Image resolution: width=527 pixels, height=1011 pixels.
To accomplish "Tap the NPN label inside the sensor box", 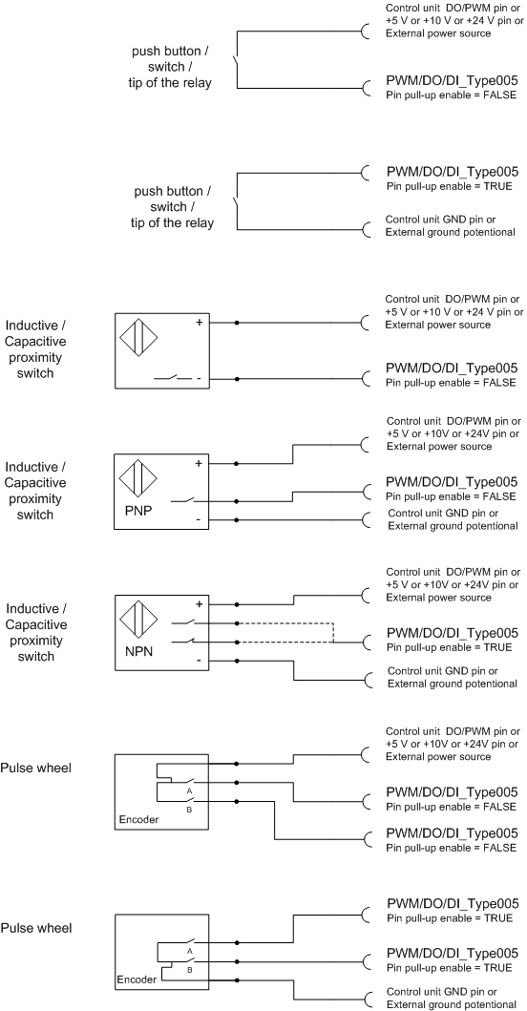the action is [138, 652].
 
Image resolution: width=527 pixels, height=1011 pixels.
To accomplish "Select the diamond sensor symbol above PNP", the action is [138, 480].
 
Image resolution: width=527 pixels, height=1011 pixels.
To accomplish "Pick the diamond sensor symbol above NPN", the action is [138, 621].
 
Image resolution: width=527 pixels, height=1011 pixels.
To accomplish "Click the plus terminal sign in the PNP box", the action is [199, 463].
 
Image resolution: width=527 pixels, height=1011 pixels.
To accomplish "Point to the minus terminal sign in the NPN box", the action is [199, 661].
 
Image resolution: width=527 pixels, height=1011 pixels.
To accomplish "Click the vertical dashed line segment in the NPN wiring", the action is [333, 633].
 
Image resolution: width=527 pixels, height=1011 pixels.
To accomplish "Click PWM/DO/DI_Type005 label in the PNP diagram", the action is [452, 482].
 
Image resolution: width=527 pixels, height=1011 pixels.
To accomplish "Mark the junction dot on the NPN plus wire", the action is [238, 604].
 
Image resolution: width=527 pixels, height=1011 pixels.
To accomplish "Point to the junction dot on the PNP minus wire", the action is [238, 519].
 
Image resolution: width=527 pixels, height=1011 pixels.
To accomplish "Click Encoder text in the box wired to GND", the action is [137, 979].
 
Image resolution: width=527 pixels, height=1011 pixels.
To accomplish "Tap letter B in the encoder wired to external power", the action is [189, 809].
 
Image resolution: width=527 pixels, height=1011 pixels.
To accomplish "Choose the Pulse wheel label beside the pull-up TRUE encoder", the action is [36, 929].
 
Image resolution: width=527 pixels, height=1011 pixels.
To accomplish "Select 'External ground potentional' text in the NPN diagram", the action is [452, 684].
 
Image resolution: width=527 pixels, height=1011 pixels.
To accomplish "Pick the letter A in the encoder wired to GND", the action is [190, 951].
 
